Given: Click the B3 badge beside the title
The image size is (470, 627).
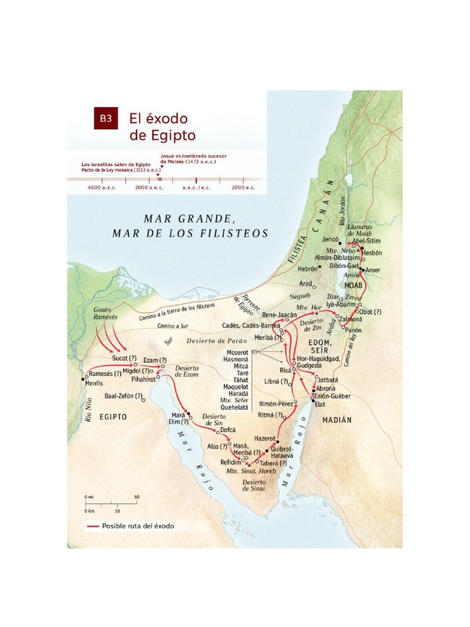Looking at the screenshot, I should (105, 118).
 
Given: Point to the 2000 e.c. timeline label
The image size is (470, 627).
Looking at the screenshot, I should (243, 188).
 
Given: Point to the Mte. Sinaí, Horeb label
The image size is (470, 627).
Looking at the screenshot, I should (251, 471).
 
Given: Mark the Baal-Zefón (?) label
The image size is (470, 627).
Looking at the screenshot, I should (124, 396).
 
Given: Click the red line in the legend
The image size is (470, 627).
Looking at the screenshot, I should (92, 526).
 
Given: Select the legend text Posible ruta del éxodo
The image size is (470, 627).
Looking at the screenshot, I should (133, 526).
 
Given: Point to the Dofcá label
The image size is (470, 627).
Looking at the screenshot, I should (228, 430).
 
